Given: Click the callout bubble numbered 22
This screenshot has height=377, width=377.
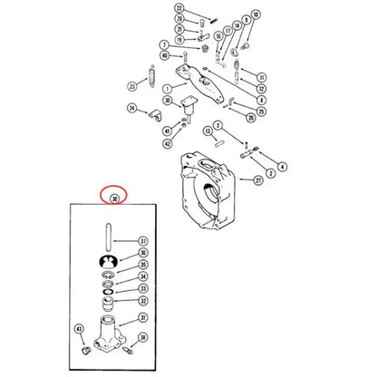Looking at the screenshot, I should pos(179,8).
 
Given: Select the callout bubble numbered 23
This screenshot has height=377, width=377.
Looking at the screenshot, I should pos(132,87).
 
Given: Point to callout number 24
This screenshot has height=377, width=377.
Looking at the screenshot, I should pos(132,110).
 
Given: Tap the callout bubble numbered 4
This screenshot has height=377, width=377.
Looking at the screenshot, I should pos(283,166).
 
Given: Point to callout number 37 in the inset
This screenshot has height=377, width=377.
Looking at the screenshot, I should pos(142,241).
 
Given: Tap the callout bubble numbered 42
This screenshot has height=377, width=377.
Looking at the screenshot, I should pos(168,142).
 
